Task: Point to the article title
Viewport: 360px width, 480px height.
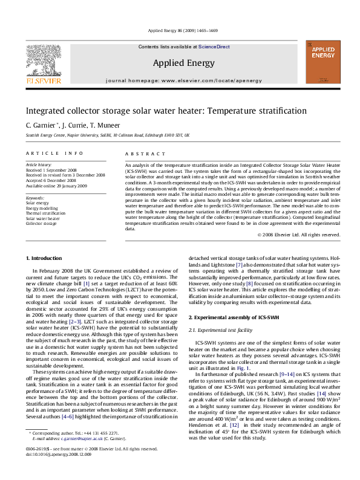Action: point(148,111)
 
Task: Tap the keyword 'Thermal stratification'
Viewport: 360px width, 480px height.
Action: point(45,213)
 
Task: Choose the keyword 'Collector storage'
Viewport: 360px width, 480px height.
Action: point(41,224)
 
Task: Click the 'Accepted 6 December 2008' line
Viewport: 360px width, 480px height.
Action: point(51,180)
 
